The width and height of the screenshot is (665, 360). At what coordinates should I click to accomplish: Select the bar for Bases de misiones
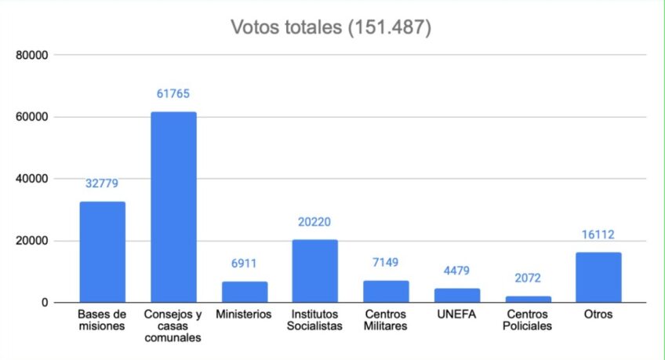click(x=102, y=252)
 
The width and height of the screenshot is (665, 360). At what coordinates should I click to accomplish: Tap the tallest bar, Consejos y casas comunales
click(x=173, y=207)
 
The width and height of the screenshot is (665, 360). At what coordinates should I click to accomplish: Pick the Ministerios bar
click(x=245, y=292)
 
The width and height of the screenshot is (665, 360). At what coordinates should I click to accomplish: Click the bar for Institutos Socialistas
click(x=315, y=271)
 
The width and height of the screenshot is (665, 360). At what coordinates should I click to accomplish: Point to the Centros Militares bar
click(x=386, y=291)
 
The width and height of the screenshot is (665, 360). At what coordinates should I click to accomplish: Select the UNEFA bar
click(x=457, y=295)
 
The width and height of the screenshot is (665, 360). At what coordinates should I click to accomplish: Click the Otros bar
click(x=598, y=277)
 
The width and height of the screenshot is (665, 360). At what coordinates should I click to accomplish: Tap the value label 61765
click(x=173, y=94)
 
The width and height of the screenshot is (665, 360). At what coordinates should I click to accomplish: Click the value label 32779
click(x=102, y=184)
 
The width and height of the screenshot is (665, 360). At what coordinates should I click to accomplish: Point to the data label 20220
click(x=315, y=222)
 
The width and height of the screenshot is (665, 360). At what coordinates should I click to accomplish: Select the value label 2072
click(x=528, y=278)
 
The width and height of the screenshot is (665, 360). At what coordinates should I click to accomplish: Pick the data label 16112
click(x=598, y=235)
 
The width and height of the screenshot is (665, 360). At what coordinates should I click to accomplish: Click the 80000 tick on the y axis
click(x=33, y=56)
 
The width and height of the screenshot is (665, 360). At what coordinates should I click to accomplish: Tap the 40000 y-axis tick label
click(x=33, y=179)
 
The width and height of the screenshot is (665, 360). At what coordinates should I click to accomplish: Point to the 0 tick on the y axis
click(x=45, y=303)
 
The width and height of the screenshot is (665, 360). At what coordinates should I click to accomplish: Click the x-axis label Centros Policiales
click(x=528, y=320)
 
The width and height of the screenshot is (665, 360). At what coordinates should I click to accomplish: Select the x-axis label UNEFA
click(x=457, y=315)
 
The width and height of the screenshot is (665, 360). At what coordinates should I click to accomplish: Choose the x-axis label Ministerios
click(x=245, y=315)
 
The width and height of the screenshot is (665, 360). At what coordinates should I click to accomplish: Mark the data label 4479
click(x=457, y=271)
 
